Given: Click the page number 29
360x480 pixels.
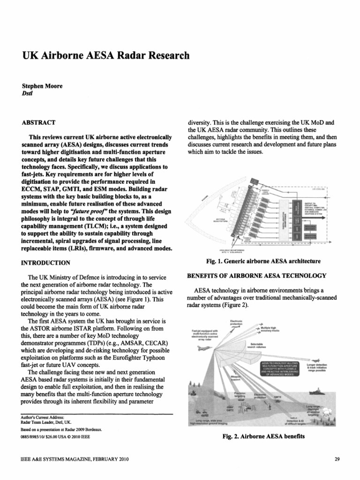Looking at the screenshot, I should coord(337,459).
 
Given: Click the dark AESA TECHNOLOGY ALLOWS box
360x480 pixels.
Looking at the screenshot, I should coord(277,369).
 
